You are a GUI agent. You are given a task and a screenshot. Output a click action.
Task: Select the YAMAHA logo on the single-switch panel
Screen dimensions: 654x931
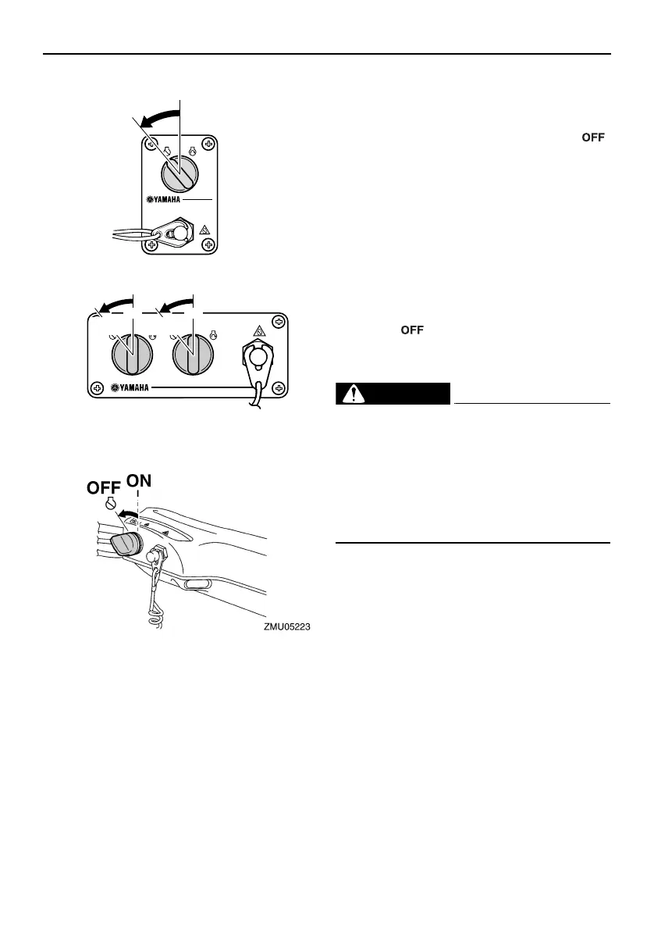click(x=168, y=199)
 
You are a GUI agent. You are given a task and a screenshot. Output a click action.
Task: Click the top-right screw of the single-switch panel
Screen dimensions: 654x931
click(x=207, y=144)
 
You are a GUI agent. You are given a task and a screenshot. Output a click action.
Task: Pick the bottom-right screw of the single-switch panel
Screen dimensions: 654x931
click(x=207, y=244)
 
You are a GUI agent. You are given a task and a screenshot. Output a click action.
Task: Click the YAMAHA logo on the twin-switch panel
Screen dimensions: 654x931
click(x=133, y=387)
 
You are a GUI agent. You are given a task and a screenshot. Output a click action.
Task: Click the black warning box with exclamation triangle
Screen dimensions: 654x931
click(x=393, y=394)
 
